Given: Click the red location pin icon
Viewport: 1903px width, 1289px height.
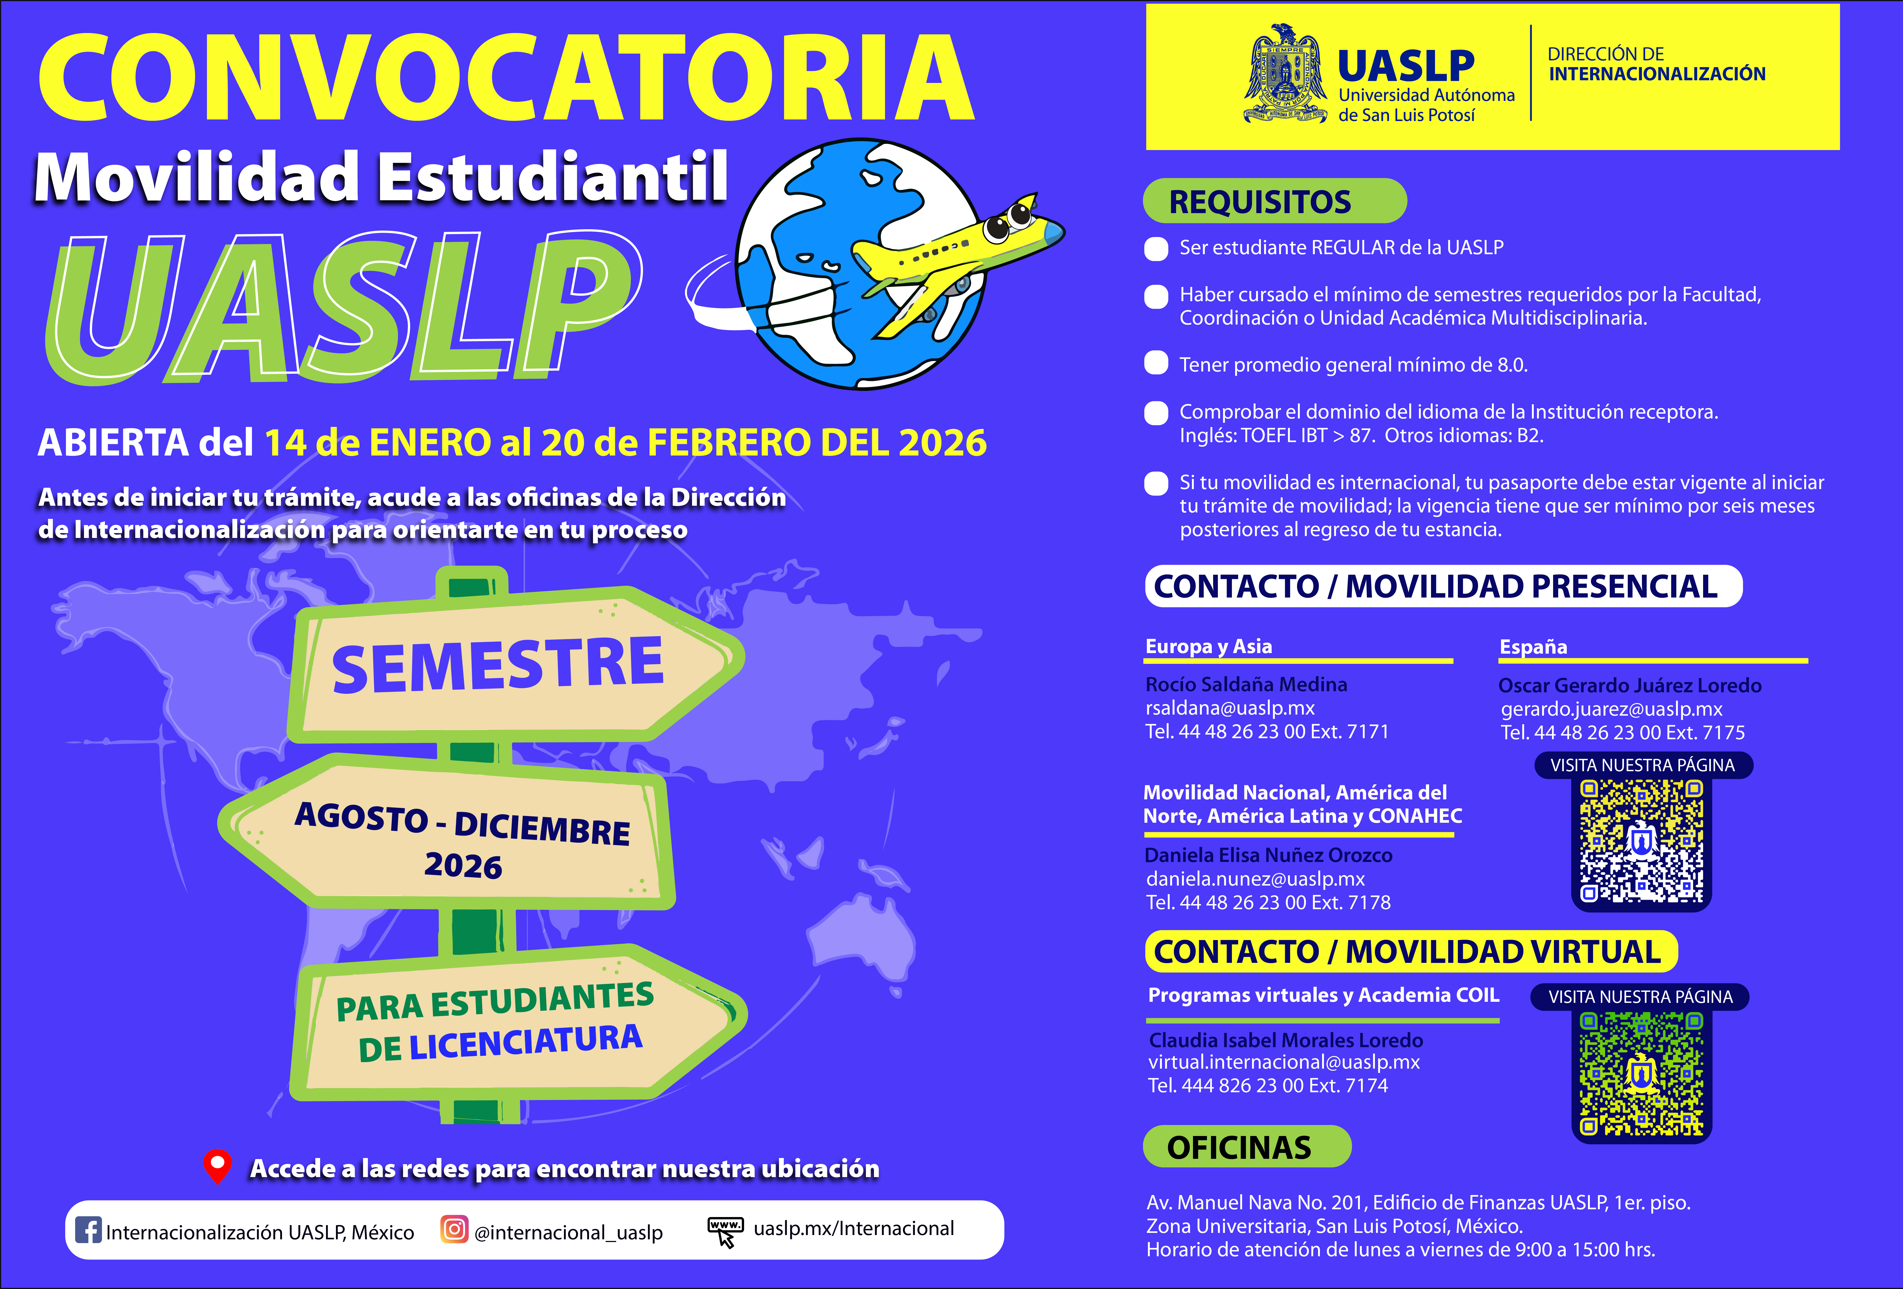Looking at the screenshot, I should point(217,1165).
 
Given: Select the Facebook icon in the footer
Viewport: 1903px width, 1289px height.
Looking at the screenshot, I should point(88,1230).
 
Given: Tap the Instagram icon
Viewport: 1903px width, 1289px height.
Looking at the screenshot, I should point(454,1229).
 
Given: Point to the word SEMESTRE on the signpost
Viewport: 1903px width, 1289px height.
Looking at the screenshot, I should point(497,665).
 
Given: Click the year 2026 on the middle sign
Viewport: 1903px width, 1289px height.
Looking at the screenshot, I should point(463,866).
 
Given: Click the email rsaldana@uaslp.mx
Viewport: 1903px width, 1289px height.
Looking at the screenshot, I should point(1230,708).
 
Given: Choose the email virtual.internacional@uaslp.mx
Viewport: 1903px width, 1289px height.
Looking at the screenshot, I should point(1283,1062).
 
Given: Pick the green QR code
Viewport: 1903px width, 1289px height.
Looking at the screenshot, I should point(1641,1074).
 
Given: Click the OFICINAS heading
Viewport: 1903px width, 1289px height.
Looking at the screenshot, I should point(1239,1147).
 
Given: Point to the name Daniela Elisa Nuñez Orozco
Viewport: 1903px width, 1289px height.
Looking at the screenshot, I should point(1268,855).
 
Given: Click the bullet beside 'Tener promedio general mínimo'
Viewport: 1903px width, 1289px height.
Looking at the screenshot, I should point(1155,363).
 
